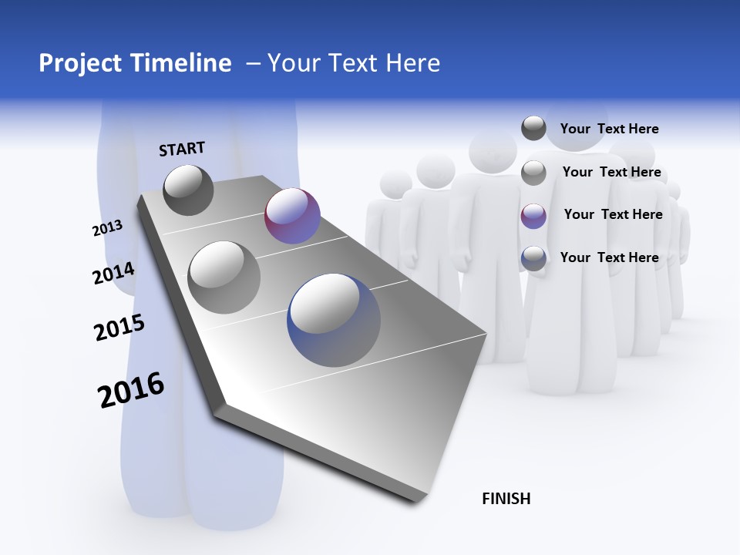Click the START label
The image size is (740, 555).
point(182,149)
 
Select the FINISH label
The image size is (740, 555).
point(506,499)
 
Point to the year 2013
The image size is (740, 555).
point(107,228)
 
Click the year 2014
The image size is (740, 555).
point(113,274)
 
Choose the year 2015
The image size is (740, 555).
point(119,328)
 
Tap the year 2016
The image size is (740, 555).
point(131,389)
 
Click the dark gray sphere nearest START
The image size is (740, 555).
point(188,190)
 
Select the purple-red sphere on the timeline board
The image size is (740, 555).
point(292,216)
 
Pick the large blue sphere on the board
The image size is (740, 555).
point(334,320)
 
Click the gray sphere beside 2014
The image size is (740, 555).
point(224,277)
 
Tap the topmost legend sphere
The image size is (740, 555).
point(533,128)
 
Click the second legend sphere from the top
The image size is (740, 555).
point(533,173)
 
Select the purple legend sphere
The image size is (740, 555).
point(533,216)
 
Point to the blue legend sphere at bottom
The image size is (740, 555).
point(533,258)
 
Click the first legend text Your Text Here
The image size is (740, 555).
point(609,129)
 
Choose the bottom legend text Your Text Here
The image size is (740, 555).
point(609,257)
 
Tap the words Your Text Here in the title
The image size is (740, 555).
point(354,63)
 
